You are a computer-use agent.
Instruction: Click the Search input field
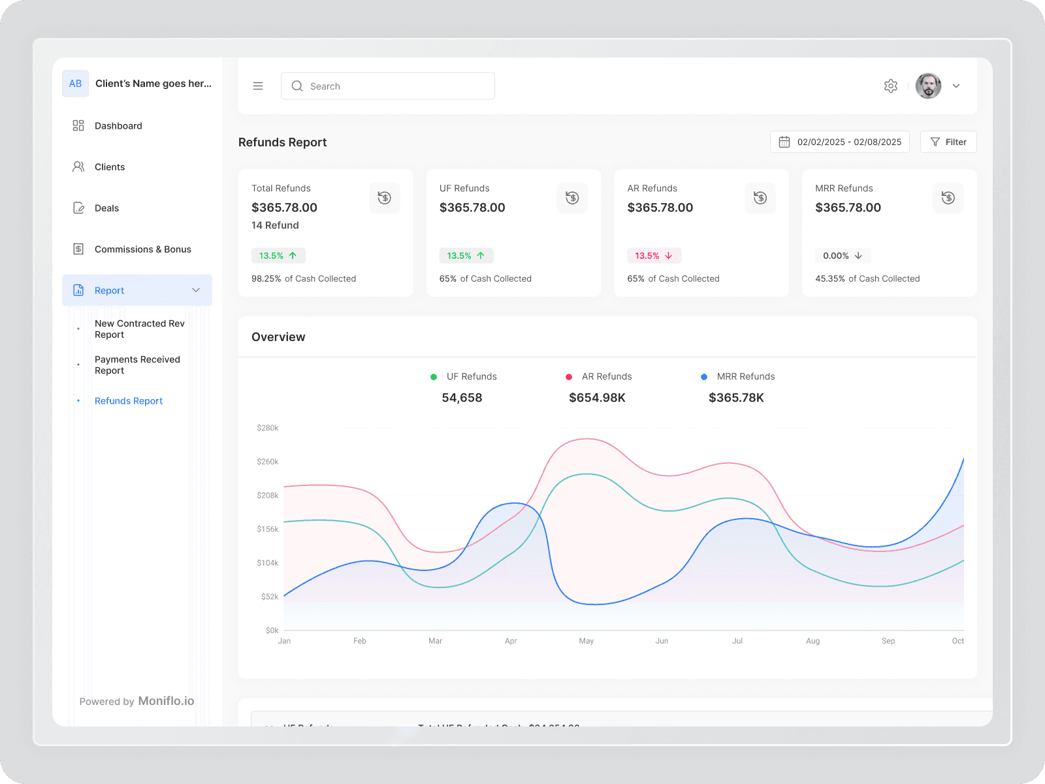[388, 86]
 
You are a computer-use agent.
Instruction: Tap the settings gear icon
[890, 86]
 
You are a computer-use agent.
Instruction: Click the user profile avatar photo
[928, 86]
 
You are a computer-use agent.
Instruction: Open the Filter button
[948, 142]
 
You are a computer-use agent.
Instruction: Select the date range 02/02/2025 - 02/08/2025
[840, 142]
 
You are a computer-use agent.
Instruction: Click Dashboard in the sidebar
[118, 125]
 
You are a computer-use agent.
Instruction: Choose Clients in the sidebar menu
[110, 167]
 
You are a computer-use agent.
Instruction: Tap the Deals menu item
[106, 208]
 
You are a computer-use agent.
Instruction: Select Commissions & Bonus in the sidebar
[142, 249]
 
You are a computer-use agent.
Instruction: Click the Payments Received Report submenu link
[137, 365]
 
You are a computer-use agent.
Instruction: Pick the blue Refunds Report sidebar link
[129, 400]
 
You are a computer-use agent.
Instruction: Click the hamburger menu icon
[258, 86]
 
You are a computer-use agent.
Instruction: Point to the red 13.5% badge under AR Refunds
[654, 255]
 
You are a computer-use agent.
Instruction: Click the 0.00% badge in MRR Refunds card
[843, 255]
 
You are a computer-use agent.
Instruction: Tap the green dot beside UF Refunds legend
[434, 376]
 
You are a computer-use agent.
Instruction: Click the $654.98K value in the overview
[597, 397]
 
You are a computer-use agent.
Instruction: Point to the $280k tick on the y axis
[268, 428]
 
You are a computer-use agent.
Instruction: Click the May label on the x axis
[586, 641]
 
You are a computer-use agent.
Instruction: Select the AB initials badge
[75, 84]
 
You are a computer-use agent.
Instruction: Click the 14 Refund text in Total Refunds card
[275, 225]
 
